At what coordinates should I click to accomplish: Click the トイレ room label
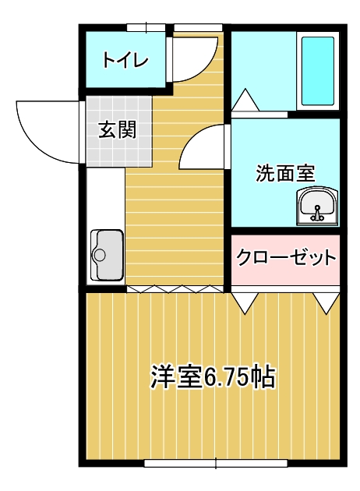pyautogui.click(x=125, y=60)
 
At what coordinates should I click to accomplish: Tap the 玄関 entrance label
pyautogui.click(x=118, y=129)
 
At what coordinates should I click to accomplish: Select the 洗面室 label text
pyautogui.click(x=285, y=173)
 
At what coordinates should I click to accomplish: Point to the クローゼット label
pyautogui.click(x=286, y=257)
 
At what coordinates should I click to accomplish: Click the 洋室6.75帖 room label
pyautogui.click(x=213, y=376)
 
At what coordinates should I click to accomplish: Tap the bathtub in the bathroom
pyautogui.click(x=317, y=71)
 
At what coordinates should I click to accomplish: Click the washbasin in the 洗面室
pyautogui.click(x=317, y=206)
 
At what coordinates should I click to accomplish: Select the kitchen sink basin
pyautogui.click(x=107, y=255)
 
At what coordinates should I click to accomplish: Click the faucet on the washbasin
pyautogui.click(x=317, y=214)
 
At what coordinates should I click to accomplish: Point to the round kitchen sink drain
pyautogui.click(x=100, y=255)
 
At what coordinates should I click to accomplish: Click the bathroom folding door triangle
pyautogui.click(x=245, y=100)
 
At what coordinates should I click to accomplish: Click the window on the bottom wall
pyautogui.click(x=216, y=464)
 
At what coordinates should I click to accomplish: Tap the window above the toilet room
pyautogui.click(x=146, y=28)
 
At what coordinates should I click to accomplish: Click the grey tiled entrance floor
pyautogui.click(x=119, y=132)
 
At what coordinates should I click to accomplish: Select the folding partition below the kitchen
pyautogui.click(x=175, y=289)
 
